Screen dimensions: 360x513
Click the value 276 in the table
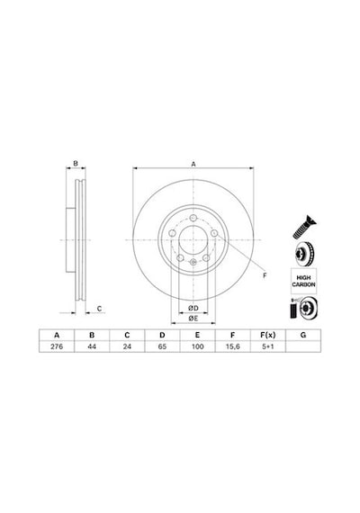[57, 346]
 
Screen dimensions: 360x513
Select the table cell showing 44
[92, 346]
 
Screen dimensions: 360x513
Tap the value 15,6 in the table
[233, 346]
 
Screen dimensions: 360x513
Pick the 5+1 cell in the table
[267, 346]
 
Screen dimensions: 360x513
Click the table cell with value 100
[197, 346]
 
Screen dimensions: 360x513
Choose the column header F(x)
[267, 335]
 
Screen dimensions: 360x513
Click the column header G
[303, 335]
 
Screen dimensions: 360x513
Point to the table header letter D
[162, 335]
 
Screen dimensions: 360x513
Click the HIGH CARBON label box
[303, 281]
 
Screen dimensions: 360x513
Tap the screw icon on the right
[304, 227]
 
